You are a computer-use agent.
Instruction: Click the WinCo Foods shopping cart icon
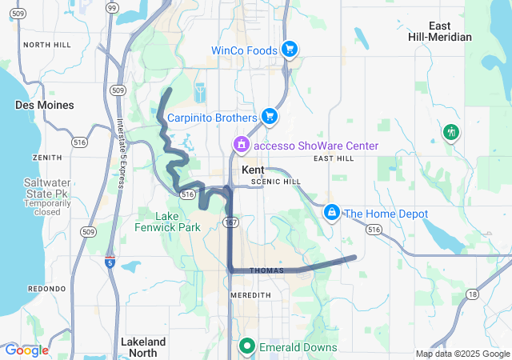(x=290, y=50)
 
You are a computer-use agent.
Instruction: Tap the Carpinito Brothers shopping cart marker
(x=270, y=117)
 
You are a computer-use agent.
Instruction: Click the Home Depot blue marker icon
(x=331, y=213)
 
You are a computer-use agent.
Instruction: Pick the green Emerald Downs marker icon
(x=247, y=346)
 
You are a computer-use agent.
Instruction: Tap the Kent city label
(x=253, y=170)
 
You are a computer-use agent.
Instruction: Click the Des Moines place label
(x=45, y=105)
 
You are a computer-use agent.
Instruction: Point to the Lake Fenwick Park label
(x=168, y=221)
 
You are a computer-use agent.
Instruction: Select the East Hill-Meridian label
(x=450, y=31)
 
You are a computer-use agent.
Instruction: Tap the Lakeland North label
(x=143, y=346)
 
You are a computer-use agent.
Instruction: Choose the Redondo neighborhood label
(x=46, y=288)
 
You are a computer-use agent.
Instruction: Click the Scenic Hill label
(x=276, y=182)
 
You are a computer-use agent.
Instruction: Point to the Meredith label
(x=251, y=294)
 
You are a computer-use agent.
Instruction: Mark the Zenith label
(x=47, y=158)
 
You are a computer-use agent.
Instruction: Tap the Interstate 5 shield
(x=110, y=262)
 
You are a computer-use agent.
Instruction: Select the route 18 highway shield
(x=473, y=294)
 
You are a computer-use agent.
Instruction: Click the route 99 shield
(x=111, y=7)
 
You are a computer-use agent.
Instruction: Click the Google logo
(x=26, y=350)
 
